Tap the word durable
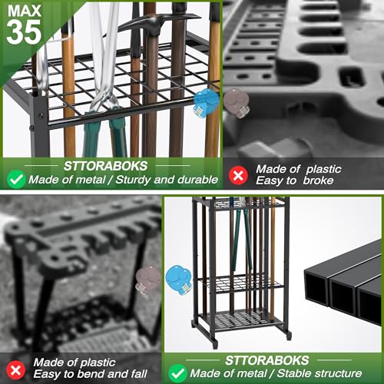[x=197, y=180]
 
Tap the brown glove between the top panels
[x=233, y=101]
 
